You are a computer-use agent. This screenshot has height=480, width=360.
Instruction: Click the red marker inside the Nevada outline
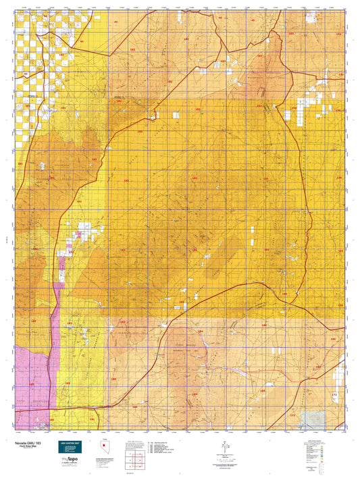(x=103, y=447)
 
